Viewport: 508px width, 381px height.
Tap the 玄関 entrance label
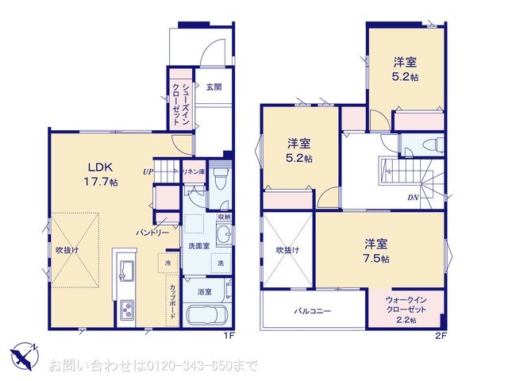coord(213,87)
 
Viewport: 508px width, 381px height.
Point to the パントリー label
coord(152,233)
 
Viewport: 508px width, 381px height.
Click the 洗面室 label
coord(199,247)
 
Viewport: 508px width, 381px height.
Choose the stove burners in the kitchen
coord(127,310)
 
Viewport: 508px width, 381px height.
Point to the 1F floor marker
coord(229,337)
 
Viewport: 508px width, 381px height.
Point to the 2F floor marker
coord(441,337)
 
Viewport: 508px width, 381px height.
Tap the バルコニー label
coord(313,310)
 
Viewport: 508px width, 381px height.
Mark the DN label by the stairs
coord(413,197)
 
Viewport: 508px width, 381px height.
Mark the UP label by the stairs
coord(148,171)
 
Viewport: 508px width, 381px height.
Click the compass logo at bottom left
coord(23,354)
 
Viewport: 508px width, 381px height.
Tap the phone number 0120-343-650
coord(194,365)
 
